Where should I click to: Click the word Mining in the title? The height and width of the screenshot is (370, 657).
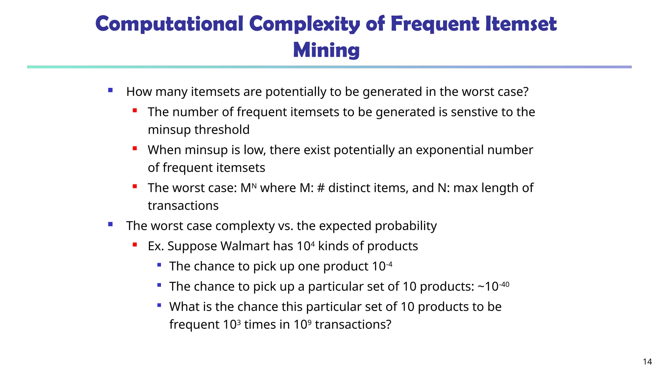pyautogui.click(x=326, y=50)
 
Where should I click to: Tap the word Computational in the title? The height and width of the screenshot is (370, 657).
pyautogui.click(x=169, y=24)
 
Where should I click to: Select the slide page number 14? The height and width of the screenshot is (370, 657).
pyautogui.click(x=647, y=362)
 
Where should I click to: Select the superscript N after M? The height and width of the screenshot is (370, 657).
pyautogui.click(x=254, y=185)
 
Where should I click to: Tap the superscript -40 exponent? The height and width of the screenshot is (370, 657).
pyautogui.click(x=504, y=284)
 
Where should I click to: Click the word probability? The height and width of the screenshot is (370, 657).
pyautogui.click(x=406, y=226)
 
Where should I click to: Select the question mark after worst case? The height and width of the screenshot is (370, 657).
pyautogui.click(x=525, y=92)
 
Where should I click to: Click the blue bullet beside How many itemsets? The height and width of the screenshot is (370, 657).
pyautogui.click(x=110, y=90)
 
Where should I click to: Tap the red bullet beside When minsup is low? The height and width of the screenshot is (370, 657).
pyautogui.click(x=135, y=148)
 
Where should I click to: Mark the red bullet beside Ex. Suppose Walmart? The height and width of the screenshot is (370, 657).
pyautogui.click(x=135, y=245)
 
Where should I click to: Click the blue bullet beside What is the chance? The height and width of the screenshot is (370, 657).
pyautogui.click(x=159, y=305)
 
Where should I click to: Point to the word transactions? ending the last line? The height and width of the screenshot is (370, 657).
pyautogui.click(x=353, y=324)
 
